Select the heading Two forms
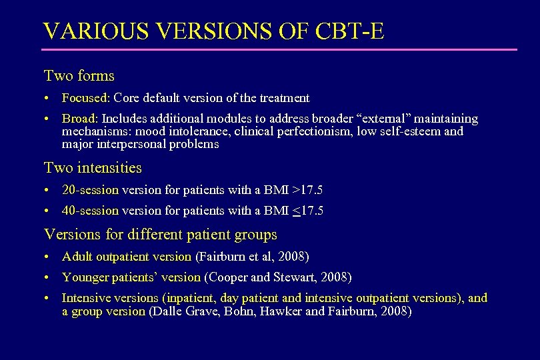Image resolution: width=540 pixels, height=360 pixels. pos(79,76)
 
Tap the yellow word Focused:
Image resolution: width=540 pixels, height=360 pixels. pos(86,98)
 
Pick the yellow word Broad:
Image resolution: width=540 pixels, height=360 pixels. pos(80,119)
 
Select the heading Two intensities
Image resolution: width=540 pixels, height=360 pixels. pos(93,167)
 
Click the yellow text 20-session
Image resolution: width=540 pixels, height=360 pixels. pos(90,190)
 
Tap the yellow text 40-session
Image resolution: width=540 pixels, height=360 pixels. pos(90,211)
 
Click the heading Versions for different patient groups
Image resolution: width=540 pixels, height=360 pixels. pos(160,235)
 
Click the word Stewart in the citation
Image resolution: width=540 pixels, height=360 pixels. pos(292,277)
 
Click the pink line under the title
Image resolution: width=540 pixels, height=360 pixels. pos(279,49)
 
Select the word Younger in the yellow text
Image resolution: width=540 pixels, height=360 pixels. pos(84,277)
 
